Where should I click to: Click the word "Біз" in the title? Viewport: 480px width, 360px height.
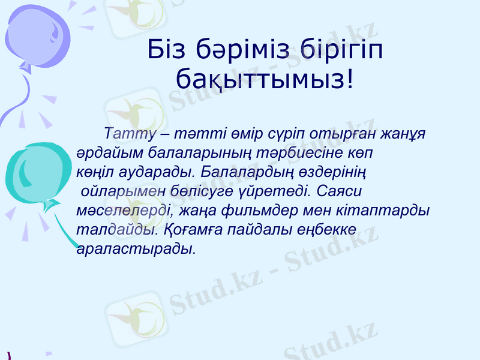pyautogui.click(x=169, y=50)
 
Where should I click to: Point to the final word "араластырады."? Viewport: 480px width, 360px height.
pyautogui.click(x=136, y=248)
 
